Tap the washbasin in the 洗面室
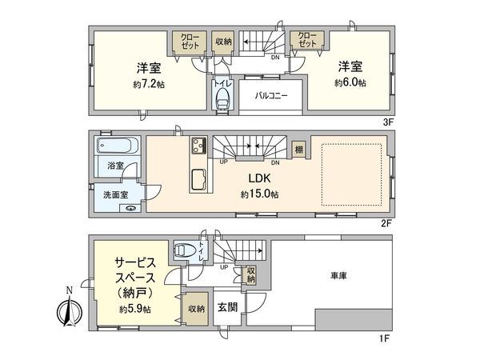click(x=133, y=207)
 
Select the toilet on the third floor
click(x=222, y=98)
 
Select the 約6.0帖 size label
click(x=350, y=82)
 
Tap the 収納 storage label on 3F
click(x=223, y=41)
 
